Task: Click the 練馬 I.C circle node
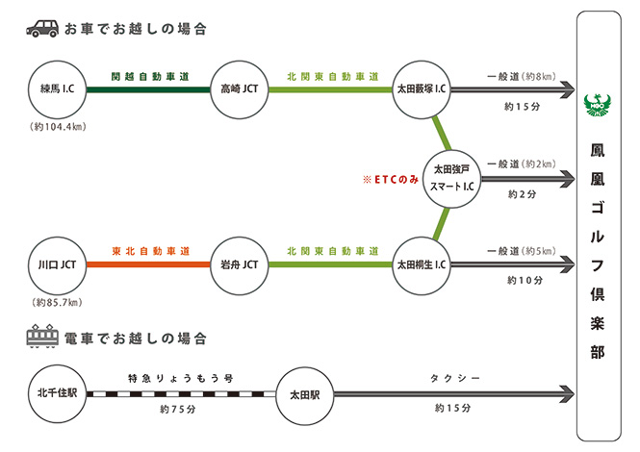[x=58, y=89]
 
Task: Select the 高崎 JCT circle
[x=238, y=89]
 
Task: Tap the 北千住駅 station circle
[x=58, y=393]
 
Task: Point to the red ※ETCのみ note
[x=390, y=180]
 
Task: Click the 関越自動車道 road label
[x=148, y=74]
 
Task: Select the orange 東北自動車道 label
[x=148, y=249]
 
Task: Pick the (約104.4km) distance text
[x=58, y=127]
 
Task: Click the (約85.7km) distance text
[x=58, y=302]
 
